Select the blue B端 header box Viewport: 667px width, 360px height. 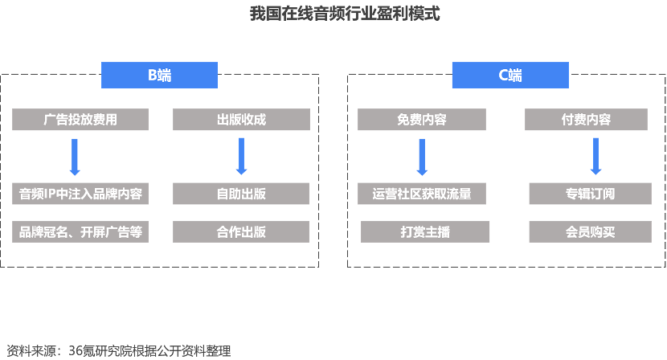(x=159, y=76)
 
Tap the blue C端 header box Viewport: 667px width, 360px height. (x=509, y=76)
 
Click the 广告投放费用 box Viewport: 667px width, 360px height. (x=80, y=120)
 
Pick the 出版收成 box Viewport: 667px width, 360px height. (x=241, y=120)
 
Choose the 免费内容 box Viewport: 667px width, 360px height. (x=422, y=120)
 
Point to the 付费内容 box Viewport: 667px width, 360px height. (x=586, y=120)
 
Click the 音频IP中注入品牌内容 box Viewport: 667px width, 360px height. (x=80, y=194)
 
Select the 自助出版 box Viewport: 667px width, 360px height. (x=241, y=194)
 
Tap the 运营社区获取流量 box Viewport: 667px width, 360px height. (x=422, y=194)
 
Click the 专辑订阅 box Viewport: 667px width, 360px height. (x=590, y=194)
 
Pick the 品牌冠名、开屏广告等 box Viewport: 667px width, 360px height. (x=80, y=232)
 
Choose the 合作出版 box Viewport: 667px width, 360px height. (x=241, y=232)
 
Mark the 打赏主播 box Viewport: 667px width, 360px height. (x=425, y=232)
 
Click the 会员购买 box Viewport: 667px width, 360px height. (x=590, y=232)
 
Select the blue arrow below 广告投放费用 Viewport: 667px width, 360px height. (x=75, y=157)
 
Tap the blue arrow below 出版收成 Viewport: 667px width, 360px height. (x=241, y=157)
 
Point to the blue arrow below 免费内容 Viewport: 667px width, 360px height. (x=422, y=157)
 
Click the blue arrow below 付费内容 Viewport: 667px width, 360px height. (x=595, y=157)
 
